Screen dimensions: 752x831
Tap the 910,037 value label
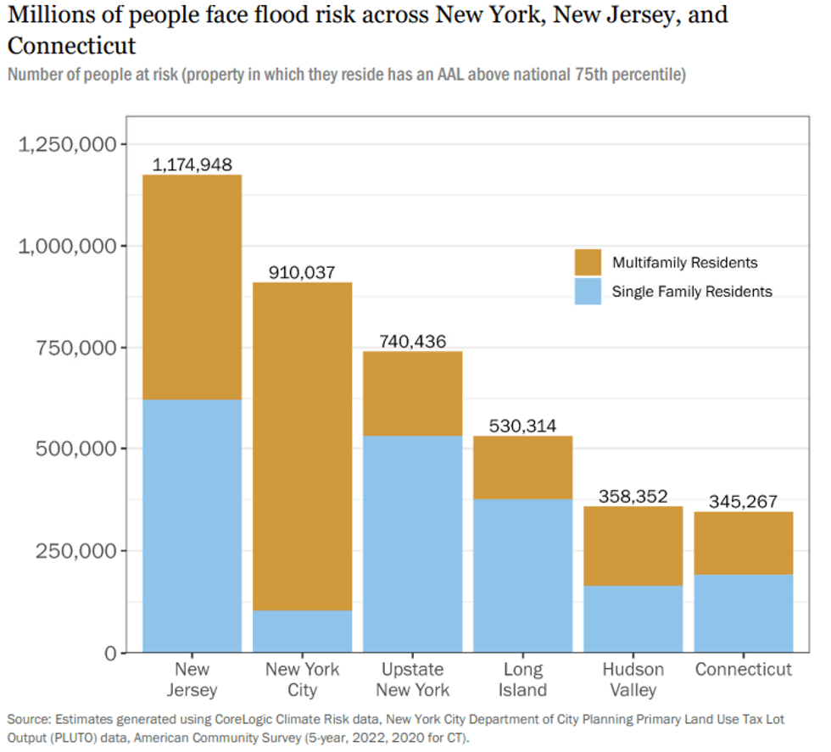point(302,272)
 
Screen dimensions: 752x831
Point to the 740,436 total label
point(412,341)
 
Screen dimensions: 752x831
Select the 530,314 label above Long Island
point(522,426)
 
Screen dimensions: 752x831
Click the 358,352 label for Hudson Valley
point(633,496)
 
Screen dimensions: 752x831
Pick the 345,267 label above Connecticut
point(743,501)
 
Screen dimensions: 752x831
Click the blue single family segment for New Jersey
point(192,526)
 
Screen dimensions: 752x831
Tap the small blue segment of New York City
point(302,631)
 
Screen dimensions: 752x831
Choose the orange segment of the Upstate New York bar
point(412,393)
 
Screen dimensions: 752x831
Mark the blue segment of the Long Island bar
point(522,576)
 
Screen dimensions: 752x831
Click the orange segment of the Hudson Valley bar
point(633,546)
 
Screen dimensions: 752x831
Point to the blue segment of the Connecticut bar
point(743,614)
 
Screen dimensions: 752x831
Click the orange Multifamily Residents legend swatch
point(587,263)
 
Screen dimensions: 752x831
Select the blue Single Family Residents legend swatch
point(587,292)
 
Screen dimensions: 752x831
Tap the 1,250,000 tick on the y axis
point(67,145)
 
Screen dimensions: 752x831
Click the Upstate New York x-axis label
point(412,679)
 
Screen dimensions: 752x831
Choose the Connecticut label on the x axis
point(743,670)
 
